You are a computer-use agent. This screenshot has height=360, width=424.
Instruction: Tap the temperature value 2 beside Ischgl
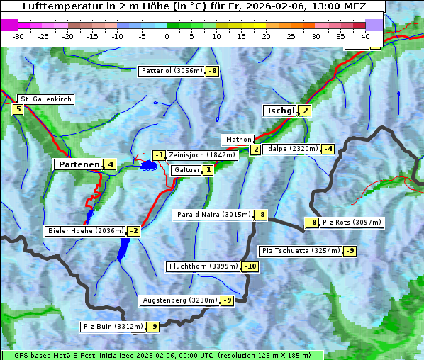tap(305, 111)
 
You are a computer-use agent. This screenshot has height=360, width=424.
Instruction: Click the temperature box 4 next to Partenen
tap(110, 164)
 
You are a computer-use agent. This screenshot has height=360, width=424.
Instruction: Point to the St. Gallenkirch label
tap(45, 99)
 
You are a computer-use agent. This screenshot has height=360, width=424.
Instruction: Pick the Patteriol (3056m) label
tap(172, 71)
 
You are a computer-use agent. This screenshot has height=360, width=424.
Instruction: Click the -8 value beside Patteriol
tap(213, 71)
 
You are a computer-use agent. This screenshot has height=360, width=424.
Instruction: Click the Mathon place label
tap(238, 140)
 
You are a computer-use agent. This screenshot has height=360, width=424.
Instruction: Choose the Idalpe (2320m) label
tap(291, 149)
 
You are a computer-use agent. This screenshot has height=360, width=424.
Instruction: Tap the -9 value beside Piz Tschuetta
tap(350, 251)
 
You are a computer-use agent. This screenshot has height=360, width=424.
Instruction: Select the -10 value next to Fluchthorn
tap(250, 266)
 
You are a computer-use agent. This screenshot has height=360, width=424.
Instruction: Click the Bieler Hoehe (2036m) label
tap(85, 231)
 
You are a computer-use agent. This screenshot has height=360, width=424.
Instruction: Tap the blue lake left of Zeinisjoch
tap(148, 165)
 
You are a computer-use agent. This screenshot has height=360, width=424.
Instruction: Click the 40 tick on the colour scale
tap(365, 35)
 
